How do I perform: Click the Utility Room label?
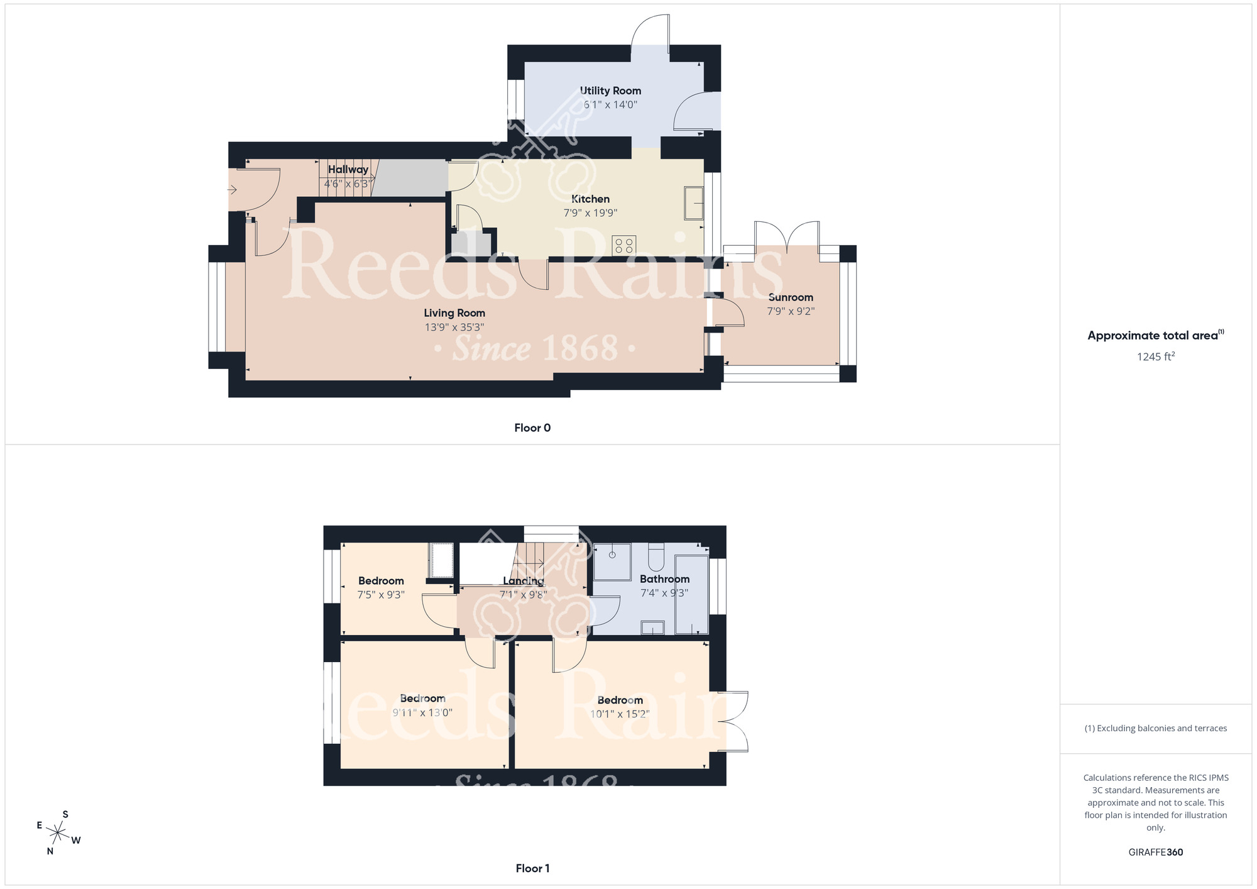(610, 91)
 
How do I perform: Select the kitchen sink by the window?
(693, 202)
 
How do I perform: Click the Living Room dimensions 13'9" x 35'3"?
(454, 327)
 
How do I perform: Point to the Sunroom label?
(791, 297)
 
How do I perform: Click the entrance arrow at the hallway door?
(232, 189)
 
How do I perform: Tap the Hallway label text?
(348, 169)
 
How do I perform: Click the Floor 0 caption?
(532, 428)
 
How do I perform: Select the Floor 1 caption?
(532, 868)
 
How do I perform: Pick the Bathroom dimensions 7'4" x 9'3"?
(664, 593)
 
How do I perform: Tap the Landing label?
(524, 581)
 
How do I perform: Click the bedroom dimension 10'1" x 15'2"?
(620, 714)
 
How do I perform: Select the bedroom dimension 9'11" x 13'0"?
(422, 712)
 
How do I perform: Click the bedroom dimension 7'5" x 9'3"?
(381, 595)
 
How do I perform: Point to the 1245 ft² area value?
(1155, 356)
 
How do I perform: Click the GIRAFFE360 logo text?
(1155, 853)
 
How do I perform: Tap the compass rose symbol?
(58, 834)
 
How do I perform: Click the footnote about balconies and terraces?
(1155, 728)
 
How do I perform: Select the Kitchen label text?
(590, 199)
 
